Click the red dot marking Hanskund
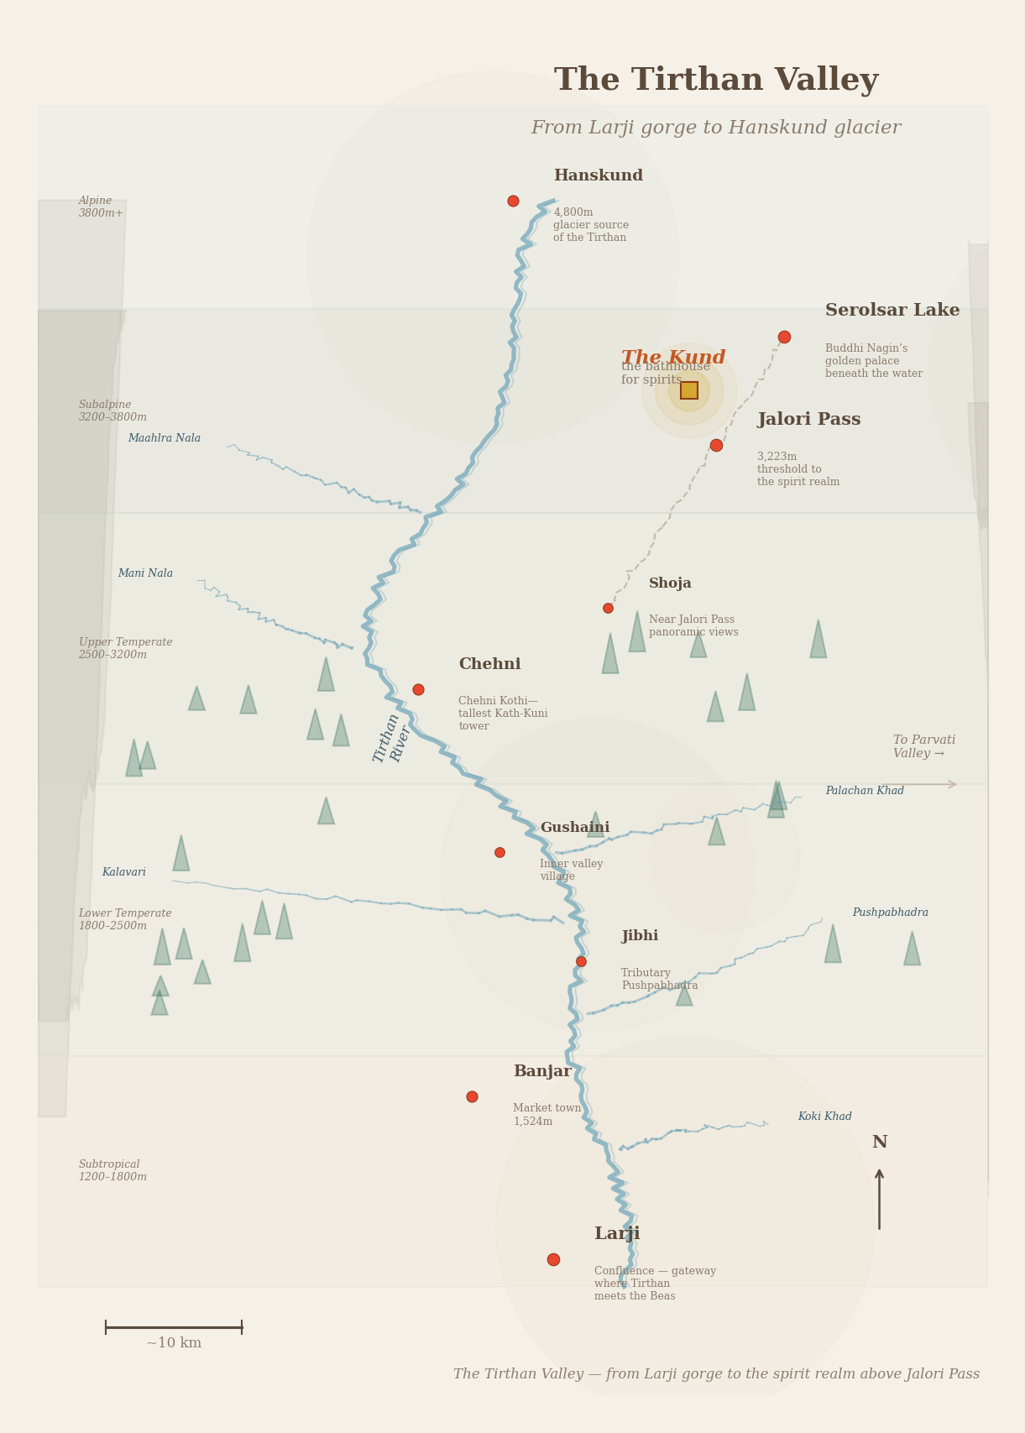click(513, 201)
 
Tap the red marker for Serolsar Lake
click(784, 337)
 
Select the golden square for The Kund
click(689, 390)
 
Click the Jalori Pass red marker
click(716, 446)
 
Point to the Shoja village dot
click(608, 608)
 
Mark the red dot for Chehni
click(418, 690)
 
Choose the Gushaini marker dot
click(499, 853)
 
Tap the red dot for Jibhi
click(581, 962)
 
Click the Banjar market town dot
click(472, 1097)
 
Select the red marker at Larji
click(553, 1260)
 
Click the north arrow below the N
click(879, 1199)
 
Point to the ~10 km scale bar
click(174, 1327)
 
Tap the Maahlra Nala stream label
click(165, 438)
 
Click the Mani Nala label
click(145, 573)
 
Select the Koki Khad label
click(824, 1117)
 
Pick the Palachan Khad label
click(865, 791)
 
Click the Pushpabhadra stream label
click(890, 913)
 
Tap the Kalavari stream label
click(124, 872)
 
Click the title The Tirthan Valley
click(716, 81)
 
